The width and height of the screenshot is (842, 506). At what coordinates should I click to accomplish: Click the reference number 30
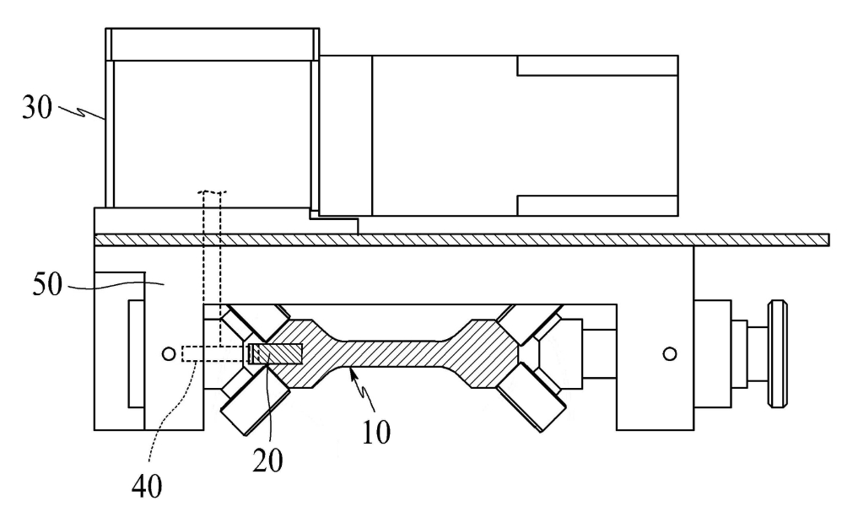(37, 107)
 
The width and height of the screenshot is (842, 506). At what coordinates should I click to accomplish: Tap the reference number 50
(48, 284)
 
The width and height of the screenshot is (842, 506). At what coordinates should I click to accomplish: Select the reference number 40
(147, 487)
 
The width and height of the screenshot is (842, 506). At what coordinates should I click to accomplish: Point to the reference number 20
(267, 460)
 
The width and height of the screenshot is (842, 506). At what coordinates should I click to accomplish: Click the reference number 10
(376, 432)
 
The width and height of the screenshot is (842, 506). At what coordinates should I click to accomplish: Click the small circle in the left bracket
(169, 353)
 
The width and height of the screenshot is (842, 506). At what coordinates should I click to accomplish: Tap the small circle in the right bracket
(670, 353)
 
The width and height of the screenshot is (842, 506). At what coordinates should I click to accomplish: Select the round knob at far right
(778, 353)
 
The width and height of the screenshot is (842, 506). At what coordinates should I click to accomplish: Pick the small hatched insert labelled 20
(275, 353)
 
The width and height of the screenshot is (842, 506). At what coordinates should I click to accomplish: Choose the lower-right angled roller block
(532, 397)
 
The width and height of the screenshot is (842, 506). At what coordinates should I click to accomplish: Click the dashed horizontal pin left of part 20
(214, 353)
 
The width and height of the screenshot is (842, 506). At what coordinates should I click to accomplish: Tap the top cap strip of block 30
(212, 44)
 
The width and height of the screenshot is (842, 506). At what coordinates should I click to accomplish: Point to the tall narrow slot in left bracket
(136, 353)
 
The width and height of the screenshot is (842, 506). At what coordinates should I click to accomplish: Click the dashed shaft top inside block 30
(212, 191)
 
